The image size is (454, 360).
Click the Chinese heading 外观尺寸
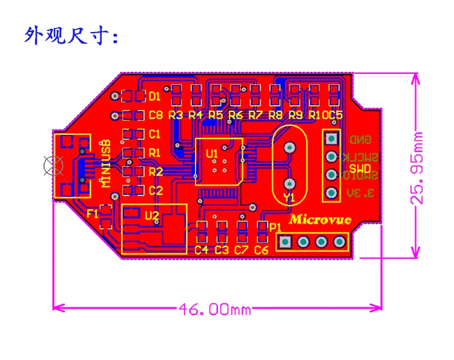point(72,36)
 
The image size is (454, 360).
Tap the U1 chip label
point(212,154)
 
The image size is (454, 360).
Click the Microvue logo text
point(320,220)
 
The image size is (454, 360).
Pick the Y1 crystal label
point(289,197)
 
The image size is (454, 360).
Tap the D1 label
point(154,96)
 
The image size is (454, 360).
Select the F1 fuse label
point(92,214)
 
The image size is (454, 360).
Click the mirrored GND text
point(359,140)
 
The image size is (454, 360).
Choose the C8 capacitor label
point(156,115)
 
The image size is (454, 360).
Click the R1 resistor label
point(155,152)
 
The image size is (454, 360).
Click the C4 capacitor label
point(201,249)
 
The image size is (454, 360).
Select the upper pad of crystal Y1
point(290,147)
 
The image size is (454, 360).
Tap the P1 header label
point(275,226)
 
